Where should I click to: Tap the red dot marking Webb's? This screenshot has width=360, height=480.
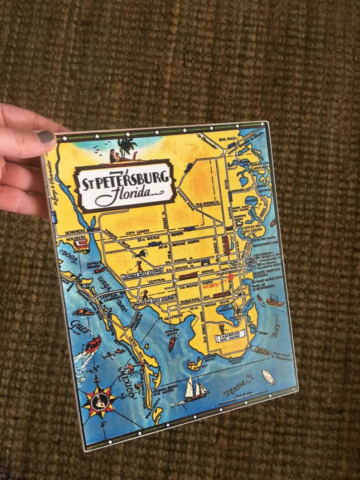(x=230, y=276)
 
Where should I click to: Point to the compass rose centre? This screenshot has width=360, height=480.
(x=99, y=400)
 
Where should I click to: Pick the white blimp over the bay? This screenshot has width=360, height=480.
(x=269, y=377)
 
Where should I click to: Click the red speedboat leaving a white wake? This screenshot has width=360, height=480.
(x=92, y=344)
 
